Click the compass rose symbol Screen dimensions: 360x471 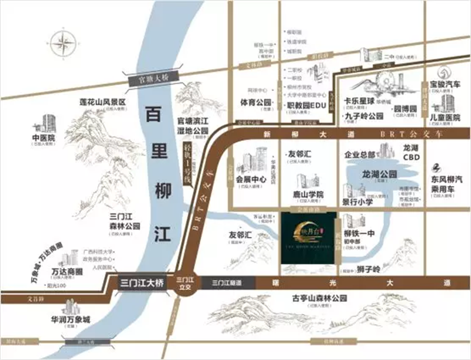click(64, 44)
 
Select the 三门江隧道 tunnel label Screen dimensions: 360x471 click(228, 283)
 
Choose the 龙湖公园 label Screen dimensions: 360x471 click(379, 174)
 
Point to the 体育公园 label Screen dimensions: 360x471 click(256, 103)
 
